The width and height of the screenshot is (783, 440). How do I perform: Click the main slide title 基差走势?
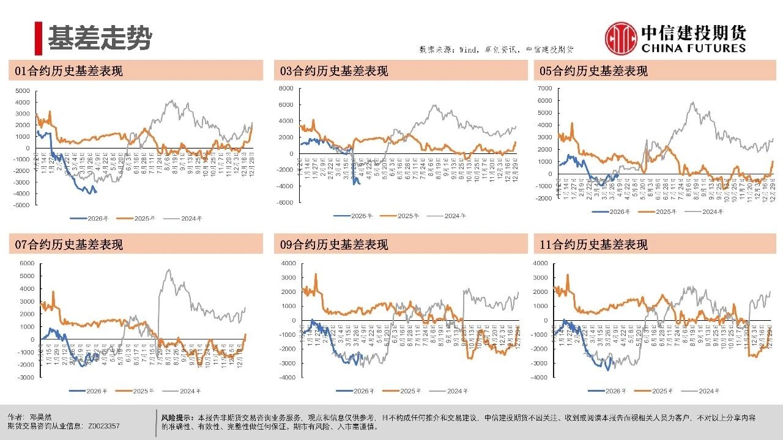click(100, 38)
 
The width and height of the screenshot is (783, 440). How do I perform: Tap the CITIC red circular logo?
click(620, 38)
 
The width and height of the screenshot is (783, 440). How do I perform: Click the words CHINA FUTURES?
click(694, 48)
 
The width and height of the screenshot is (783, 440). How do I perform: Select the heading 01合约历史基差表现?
click(69, 71)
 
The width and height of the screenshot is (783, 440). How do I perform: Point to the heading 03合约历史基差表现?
click(334, 71)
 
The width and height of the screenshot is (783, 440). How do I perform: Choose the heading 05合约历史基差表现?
click(593, 71)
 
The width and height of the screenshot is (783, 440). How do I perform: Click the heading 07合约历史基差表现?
click(69, 245)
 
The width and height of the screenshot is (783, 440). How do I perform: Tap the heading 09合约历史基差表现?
click(334, 245)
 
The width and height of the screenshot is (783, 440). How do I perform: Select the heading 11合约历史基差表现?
click(593, 245)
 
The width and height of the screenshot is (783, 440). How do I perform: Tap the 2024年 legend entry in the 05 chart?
click(710, 211)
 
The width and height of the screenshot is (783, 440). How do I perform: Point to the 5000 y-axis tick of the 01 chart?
click(22, 90)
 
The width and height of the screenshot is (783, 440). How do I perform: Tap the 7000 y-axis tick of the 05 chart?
click(544, 88)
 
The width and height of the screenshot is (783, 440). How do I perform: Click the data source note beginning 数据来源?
click(496, 50)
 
